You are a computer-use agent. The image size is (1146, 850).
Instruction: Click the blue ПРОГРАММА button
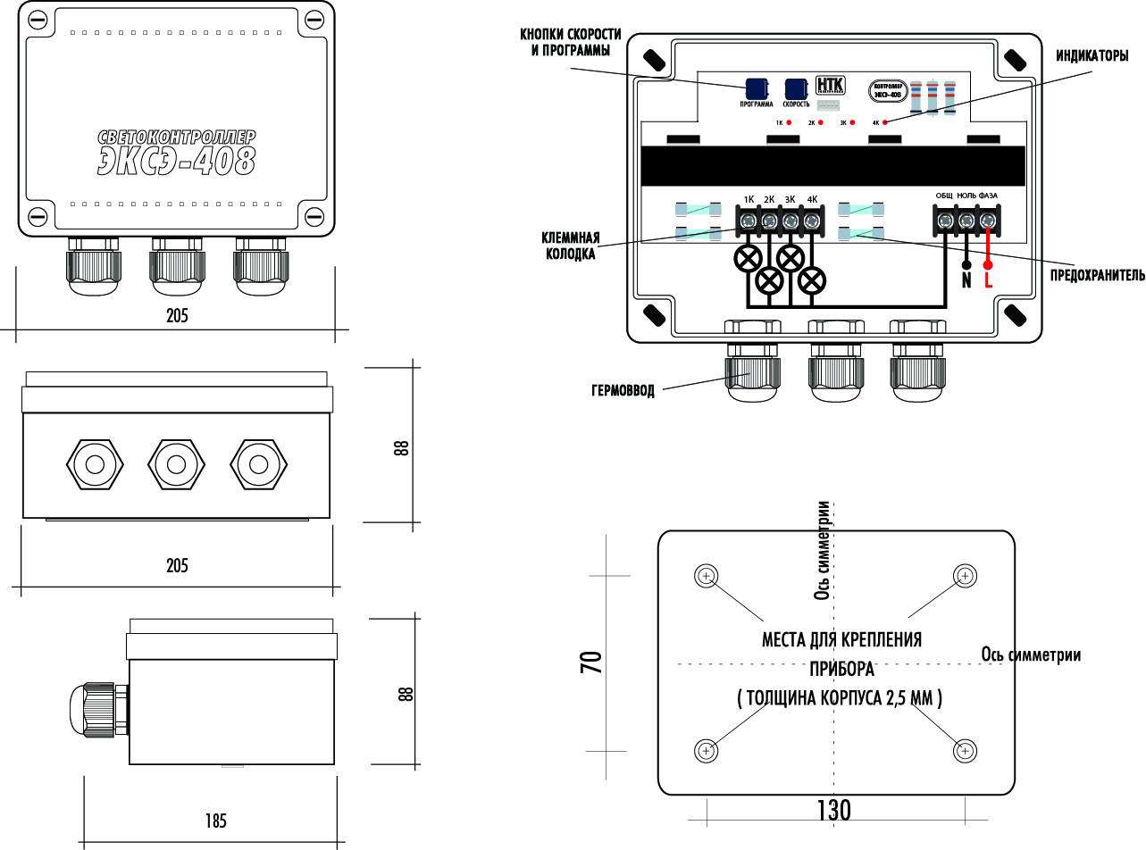[x=757, y=88]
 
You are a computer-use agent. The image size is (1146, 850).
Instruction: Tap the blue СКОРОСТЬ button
[x=796, y=88]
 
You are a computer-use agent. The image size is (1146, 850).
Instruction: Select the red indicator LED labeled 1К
[x=790, y=122]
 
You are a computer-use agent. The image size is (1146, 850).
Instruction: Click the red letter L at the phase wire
[x=988, y=280]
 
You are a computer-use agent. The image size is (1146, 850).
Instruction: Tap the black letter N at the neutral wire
[x=966, y=280]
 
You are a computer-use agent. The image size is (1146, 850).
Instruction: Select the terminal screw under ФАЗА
[x=987, y=220]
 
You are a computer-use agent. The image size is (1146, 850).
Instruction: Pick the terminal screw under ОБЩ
[x=944, y=220]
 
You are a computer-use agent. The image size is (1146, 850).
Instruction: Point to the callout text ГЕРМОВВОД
[x=623, y=391]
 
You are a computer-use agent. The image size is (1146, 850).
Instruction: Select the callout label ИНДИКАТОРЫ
[x=1092, y=56]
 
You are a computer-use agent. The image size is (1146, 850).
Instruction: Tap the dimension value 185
[x=215, y=821]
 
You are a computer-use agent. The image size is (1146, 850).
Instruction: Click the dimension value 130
[x=833, y=810]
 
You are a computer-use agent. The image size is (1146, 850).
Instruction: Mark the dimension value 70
[x=591, y=662]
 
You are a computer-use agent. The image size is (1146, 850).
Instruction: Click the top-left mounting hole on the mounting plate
[x=706, y=576]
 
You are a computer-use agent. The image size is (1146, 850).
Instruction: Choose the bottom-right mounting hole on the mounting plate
[x=964, y=751]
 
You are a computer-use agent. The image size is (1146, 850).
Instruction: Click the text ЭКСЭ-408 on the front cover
[x=178, y=161]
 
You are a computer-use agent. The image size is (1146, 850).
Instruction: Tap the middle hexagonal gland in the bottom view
[x=176, y=464]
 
